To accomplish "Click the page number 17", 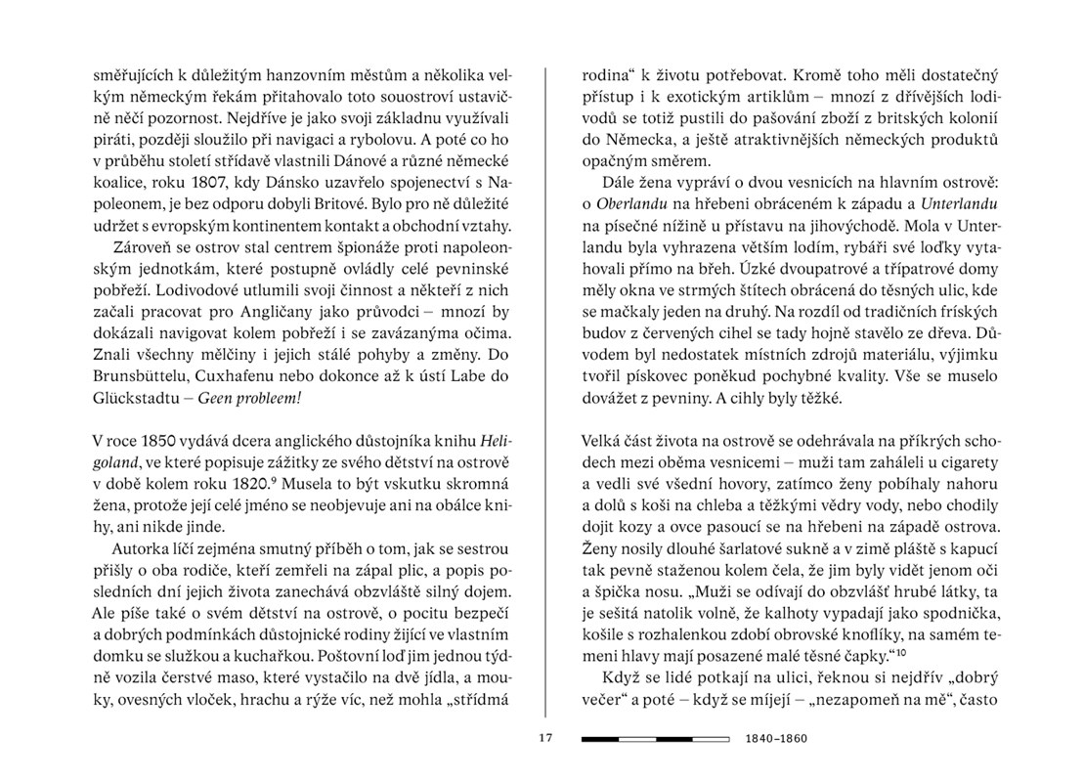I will [544, 738].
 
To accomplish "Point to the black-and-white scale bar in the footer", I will [655, 738].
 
